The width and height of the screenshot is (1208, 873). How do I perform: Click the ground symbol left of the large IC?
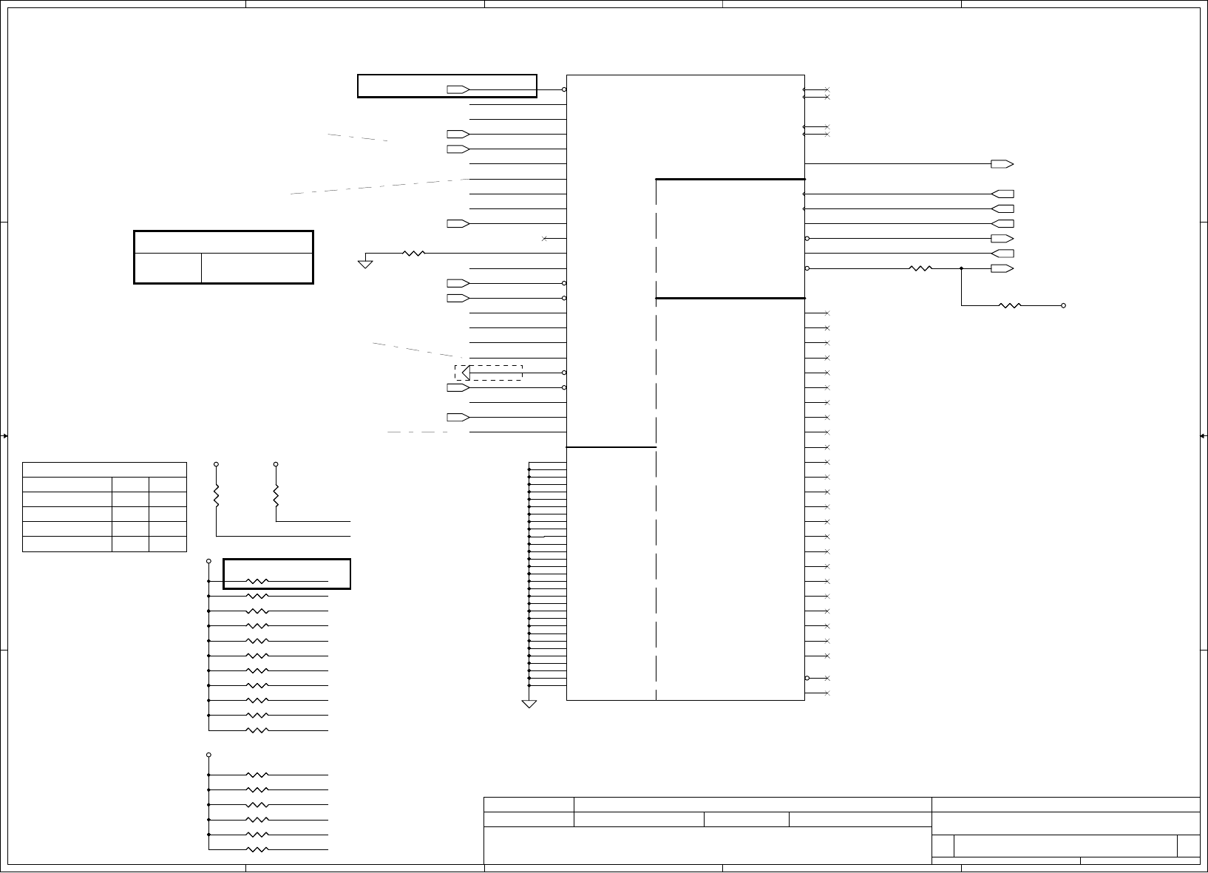(365, 262)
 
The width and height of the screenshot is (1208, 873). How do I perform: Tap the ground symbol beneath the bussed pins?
(529, 704)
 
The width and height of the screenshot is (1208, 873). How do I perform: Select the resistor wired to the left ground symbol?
(414, 253)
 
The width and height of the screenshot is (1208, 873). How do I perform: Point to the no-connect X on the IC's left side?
(545, 238)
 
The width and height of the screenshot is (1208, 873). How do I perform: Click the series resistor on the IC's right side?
(920, 268)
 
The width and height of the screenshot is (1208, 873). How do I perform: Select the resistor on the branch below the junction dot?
(1010, 305)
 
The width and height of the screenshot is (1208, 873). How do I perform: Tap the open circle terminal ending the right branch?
(1064, 305)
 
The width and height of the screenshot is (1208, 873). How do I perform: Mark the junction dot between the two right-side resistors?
(961, 268)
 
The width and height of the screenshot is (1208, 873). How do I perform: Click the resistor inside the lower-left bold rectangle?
(257, 582)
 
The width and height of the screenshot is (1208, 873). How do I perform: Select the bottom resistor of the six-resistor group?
(257, 849)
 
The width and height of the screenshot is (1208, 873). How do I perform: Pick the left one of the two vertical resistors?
(217, 495)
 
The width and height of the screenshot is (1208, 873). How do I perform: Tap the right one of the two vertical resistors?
(276, 495)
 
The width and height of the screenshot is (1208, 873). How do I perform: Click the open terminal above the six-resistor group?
(209, 755)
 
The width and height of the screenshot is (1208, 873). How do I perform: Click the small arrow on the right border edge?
(1202, 436)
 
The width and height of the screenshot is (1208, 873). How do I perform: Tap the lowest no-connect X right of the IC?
(827, 693)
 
